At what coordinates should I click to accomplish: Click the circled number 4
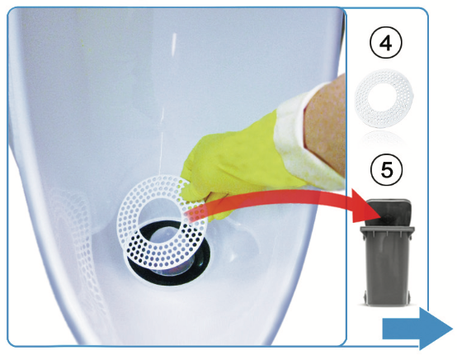tap(386, 43)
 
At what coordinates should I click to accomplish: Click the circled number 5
tap(386, 170)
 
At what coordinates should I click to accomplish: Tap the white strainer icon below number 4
tap(384, 98)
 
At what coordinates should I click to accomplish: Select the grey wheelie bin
tap(387, 253)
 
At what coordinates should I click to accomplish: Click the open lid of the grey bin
tap(389, 212)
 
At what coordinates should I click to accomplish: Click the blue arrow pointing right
tap(417, 329)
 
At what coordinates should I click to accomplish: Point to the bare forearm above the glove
tap(325, 122)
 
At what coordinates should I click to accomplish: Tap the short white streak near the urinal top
tap(174, 45)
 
